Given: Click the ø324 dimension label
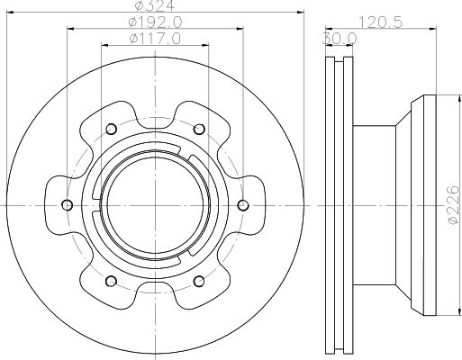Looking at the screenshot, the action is [x=155, y=5].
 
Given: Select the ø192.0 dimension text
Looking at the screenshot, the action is [x=155, y=22].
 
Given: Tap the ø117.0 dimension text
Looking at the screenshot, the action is [x=155, y=39].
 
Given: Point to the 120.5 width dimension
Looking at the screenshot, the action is [x=381, y=22].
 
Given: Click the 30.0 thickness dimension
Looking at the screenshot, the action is [x=340, y=39].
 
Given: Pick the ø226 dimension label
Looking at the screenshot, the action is [x=453, y=205].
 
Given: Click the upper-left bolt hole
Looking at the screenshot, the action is [x=111, y=129].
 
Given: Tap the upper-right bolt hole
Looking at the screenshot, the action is [x=199, y=129].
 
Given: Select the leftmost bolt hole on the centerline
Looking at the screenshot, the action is [x=67, y=205].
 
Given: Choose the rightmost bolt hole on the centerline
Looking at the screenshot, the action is [x=243, y=205].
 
